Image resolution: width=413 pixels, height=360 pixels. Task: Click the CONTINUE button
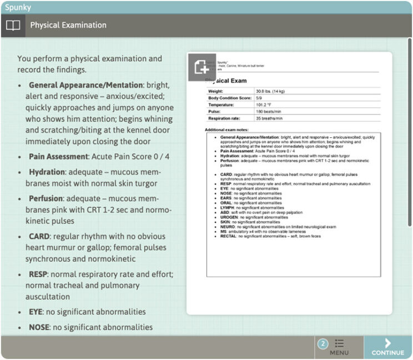[x=388, y=347]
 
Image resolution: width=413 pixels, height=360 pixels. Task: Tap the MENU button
[x=339, y=347]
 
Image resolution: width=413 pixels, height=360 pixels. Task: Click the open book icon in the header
[x=13, y=25]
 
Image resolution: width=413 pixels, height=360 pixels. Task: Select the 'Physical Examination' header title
[x=68, y=25]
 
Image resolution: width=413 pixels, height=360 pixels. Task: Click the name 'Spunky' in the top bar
[x=18, y=7]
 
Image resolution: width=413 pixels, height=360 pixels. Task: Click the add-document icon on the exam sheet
[x=202, y=67]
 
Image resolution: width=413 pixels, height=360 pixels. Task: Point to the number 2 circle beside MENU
[x=323, y=344]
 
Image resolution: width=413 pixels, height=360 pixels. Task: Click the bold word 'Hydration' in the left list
[x=47, y=172]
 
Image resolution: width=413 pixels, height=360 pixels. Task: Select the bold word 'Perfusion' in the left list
[x=47, y=198]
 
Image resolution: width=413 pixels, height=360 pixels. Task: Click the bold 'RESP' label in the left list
[x=39, y=274]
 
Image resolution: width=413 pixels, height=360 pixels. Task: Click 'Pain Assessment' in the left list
[x=59, y=157]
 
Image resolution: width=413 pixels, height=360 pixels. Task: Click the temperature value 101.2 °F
[x=265, y=104]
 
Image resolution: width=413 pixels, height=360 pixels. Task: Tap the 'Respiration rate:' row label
[x=226, y=118]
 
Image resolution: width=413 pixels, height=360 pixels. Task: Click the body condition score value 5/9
[x=259, y=98]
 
